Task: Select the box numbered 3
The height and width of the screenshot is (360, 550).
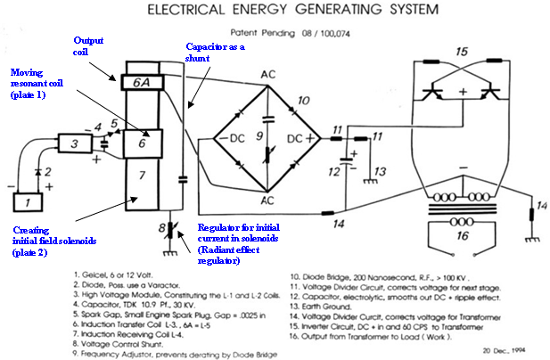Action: tap(76, 143)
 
